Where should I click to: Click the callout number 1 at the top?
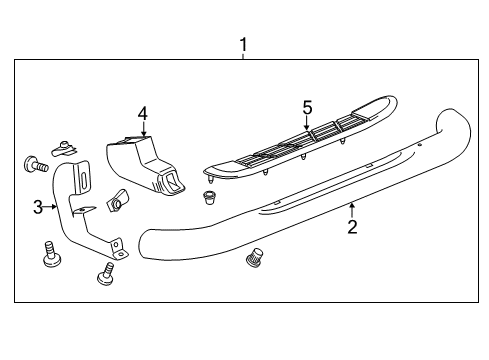pos(242,44)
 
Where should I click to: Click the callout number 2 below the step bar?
pos(352,228)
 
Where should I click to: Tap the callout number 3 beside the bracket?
pos(37,208)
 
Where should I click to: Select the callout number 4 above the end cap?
pos(143,113)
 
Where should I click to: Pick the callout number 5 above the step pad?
pos(308,107)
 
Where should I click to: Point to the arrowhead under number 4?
pos(143,135)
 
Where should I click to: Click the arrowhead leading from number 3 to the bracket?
pos(57,207)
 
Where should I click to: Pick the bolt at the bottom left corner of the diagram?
pos(48,255)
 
